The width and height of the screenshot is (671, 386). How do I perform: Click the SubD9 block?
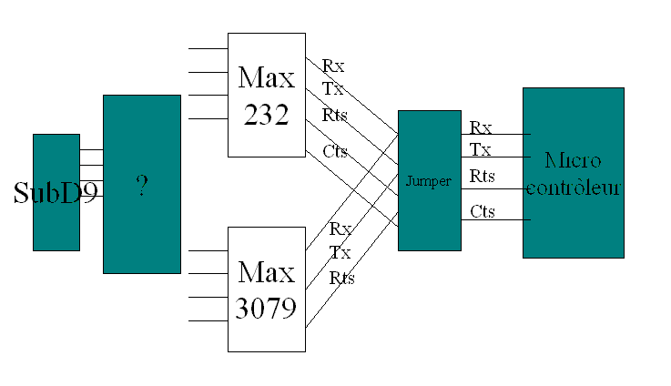[56, 192]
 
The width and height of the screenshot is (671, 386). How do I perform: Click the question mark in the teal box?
[141, 185]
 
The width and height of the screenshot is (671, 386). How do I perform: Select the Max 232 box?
[266, 94]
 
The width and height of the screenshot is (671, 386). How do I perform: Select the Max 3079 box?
[266, 289]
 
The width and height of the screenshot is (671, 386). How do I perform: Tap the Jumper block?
[429, 180]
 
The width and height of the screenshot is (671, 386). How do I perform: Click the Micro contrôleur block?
[573, 173]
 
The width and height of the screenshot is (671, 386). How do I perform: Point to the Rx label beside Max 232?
[332, 66]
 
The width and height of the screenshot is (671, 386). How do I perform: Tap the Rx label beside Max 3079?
[341, 229]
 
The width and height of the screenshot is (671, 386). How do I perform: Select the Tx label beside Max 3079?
[340, 252]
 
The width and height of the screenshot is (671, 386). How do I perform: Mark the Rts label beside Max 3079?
[342, 278]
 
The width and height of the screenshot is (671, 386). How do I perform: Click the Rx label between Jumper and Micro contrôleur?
[481, 127]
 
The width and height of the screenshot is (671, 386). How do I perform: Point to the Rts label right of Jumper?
[483, 176]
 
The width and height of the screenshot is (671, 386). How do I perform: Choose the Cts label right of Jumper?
[483, 212]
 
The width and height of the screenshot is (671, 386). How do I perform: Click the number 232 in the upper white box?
[266, 116]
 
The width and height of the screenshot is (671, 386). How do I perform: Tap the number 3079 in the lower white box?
[266, 309]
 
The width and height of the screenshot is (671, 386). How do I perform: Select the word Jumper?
[429, 181]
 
